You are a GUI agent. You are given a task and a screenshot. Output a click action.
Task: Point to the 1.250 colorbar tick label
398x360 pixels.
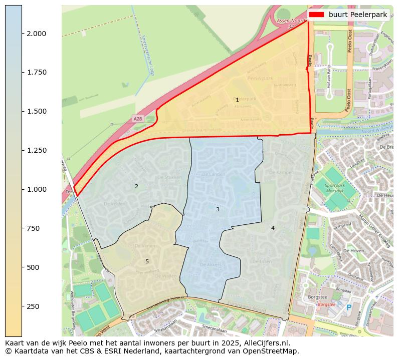click(x=37, y=150)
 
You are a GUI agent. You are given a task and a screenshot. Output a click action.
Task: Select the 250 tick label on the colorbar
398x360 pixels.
click(x=34, y=306)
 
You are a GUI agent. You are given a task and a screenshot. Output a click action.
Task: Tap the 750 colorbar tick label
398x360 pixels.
click(x=34, y=228)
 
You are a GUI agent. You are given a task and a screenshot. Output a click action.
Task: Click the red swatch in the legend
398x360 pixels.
click(x=316, y=15)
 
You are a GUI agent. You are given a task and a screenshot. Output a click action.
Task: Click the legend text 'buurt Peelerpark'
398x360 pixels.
click(x=357, y=15)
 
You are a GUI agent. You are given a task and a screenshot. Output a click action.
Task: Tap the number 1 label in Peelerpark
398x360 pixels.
click(x=237, y=100)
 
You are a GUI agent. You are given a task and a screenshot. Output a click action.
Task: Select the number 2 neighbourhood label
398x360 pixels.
click(x=136, y=187)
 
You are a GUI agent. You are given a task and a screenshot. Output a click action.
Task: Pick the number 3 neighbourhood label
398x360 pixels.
click(x=218, y=209)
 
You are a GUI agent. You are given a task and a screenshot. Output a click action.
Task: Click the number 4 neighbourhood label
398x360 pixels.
click(x=273, y=228)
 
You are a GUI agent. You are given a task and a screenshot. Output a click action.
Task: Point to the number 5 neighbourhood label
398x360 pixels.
click(x=147, y=261)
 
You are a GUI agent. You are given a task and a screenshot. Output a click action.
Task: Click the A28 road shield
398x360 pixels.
click(x=138, y=119)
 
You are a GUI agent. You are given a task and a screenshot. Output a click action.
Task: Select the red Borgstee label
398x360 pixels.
click(x=326, y=304)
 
